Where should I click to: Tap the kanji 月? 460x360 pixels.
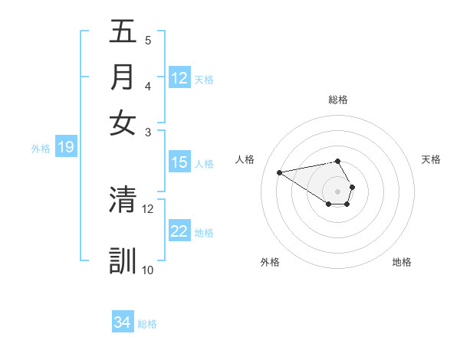[x=123, y=77]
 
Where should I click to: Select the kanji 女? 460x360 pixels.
[x=123, y=122]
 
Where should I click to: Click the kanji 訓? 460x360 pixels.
[x=123, y=260]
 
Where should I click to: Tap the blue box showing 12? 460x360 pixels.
[x=179, y=78]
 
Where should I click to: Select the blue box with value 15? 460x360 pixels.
[x=179, y=162]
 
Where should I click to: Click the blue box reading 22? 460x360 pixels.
[x=179, y=231]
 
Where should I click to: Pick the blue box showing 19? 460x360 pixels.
[x=65, y=148]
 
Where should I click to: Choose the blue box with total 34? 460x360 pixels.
[x=123, y=322]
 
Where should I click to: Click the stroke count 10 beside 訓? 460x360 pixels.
[x=148, y=270]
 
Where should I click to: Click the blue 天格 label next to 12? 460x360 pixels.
[x=204, y=79]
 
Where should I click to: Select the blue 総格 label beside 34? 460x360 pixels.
[x=147, y=324]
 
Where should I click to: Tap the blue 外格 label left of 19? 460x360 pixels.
[x=41, y=149]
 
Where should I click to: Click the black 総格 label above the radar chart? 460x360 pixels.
[x=338, y=100]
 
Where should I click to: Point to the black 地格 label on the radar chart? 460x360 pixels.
[x=402, y=263]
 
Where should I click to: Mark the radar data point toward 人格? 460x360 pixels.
[x=279, y=172]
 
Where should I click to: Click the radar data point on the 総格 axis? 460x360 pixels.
[x=337, y=161]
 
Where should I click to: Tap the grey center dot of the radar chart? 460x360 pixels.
[x=337, y=191]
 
